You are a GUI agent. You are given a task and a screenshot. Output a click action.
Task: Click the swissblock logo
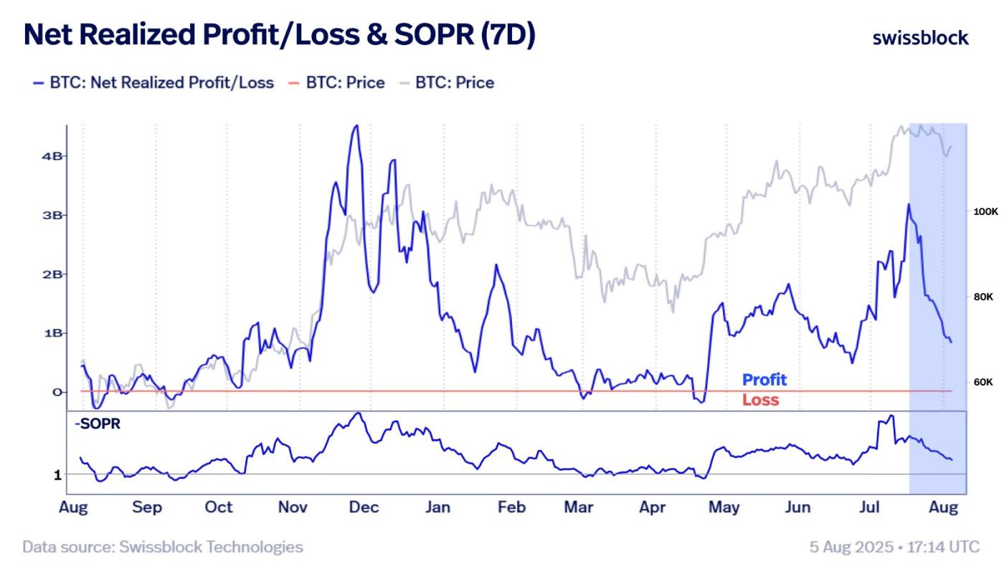click(920, 38)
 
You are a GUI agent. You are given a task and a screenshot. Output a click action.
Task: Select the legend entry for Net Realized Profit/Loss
click(153, 82)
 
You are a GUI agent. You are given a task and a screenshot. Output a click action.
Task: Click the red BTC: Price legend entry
click(337, 82)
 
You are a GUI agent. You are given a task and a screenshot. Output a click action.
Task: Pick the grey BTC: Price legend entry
click(447, 82)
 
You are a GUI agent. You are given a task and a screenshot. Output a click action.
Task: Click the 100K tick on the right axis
click(980, 212)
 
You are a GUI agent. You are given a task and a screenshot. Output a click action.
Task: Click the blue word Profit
click(764, 380)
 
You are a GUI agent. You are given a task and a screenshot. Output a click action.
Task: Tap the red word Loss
click(760, 400)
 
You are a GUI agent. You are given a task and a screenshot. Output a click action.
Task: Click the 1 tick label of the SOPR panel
click(57, 474)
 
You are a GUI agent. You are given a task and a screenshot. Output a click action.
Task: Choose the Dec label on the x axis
click(364, 507)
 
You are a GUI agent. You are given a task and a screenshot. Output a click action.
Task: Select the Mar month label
click(578, 507)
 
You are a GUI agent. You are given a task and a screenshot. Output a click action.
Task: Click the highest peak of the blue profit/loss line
click(355, 126)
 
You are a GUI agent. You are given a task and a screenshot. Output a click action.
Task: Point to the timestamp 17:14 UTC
click(947, 547)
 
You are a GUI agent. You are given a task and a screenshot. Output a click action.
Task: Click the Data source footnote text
click(163, 547)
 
